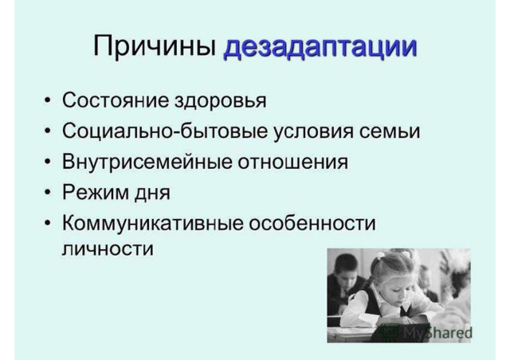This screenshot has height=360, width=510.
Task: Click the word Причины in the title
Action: [155, 46]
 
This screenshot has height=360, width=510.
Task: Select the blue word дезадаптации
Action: [320, 48]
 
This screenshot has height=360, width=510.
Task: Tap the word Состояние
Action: [116, 100]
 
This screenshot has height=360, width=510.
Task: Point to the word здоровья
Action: [221, 101]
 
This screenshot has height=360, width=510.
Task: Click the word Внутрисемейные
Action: [147, 162]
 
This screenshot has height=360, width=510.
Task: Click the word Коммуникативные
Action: [153, 223]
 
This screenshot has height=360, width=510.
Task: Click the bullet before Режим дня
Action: [48, 192]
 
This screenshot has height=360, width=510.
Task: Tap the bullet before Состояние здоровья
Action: [48, 100]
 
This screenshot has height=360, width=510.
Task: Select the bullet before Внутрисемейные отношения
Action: [48, 162]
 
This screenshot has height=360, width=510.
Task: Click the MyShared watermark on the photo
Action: [427, 331]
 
